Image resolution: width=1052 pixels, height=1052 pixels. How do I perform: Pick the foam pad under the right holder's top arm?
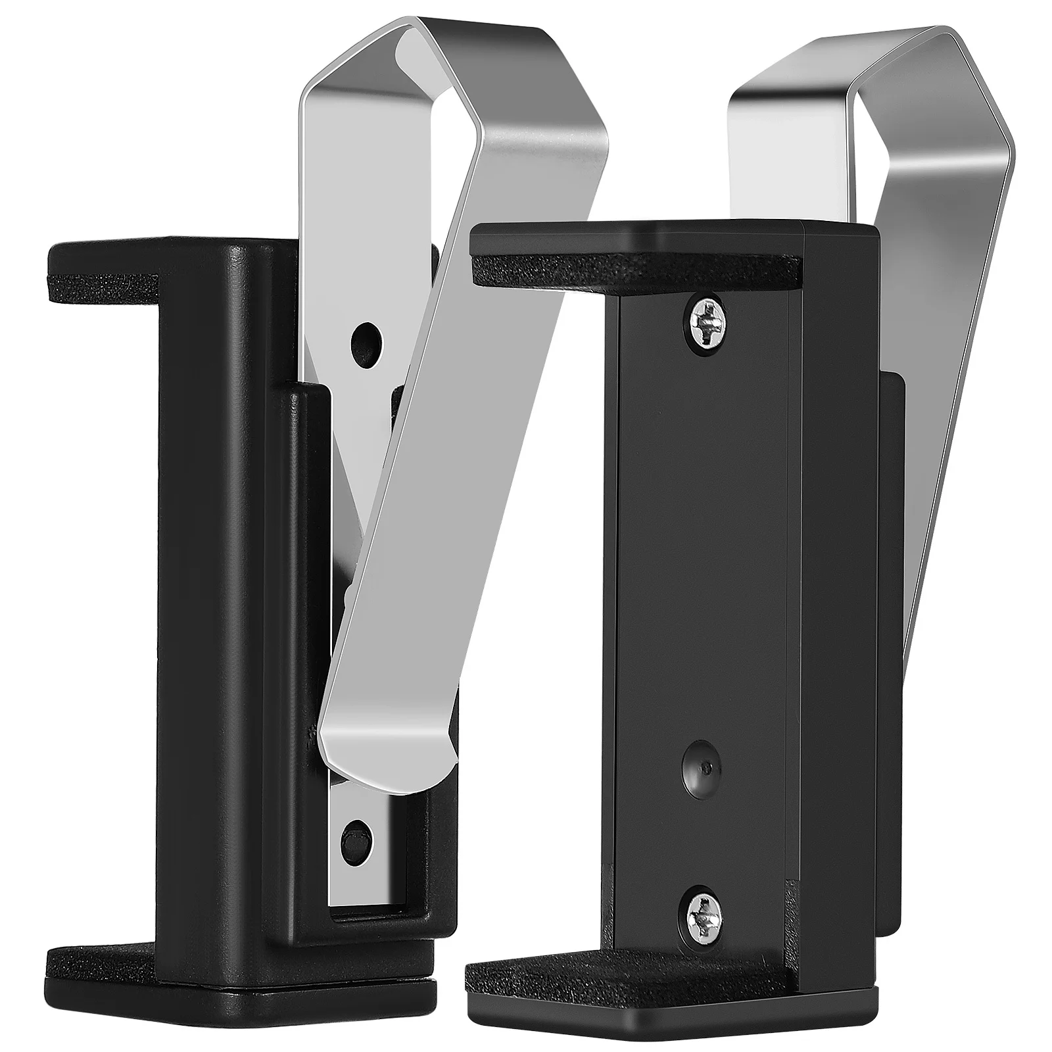[x=631, y=270]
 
